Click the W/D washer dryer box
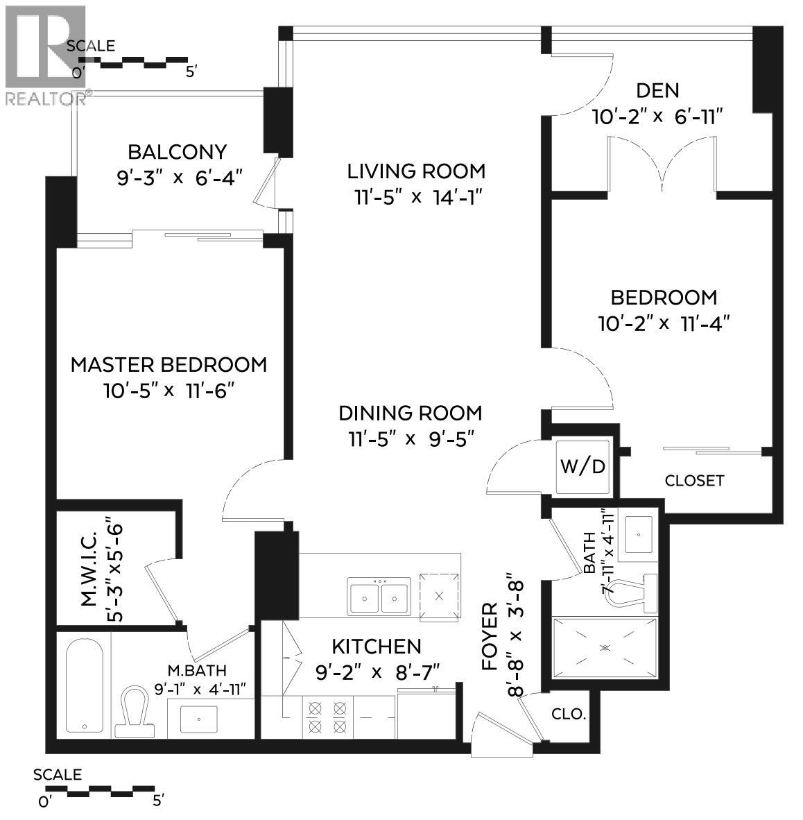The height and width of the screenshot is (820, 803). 582,467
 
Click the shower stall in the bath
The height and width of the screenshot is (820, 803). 604,647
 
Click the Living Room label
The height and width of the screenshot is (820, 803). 416,171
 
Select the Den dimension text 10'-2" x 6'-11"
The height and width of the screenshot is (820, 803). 657,117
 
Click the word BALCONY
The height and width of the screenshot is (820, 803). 177,152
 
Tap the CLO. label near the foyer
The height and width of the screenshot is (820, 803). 569,714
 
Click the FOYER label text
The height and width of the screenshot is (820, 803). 490,637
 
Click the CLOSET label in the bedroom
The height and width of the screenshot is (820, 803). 694,480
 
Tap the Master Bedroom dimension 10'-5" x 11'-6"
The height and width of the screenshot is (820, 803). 169,391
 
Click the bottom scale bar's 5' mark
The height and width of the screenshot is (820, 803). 157,801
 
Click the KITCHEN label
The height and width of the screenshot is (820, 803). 376,647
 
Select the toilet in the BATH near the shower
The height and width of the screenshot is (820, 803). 632,592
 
